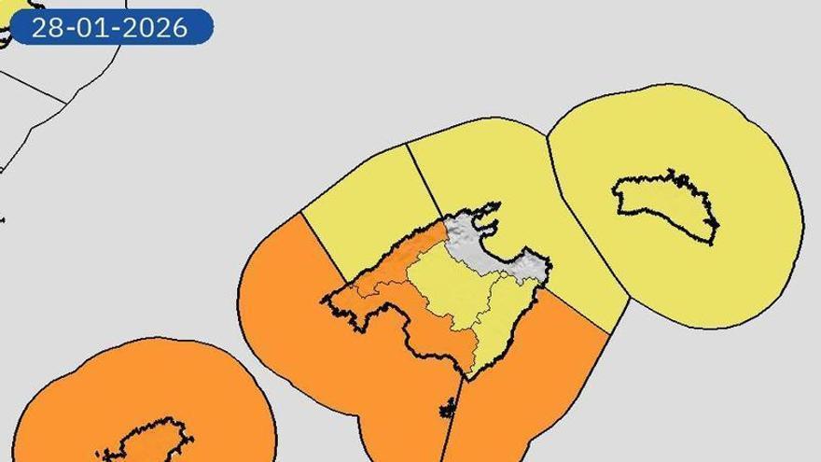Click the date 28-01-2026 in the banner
(x=109, y=27)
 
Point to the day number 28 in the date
(x=47, y=27)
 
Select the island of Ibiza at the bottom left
(x=149, y=443)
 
